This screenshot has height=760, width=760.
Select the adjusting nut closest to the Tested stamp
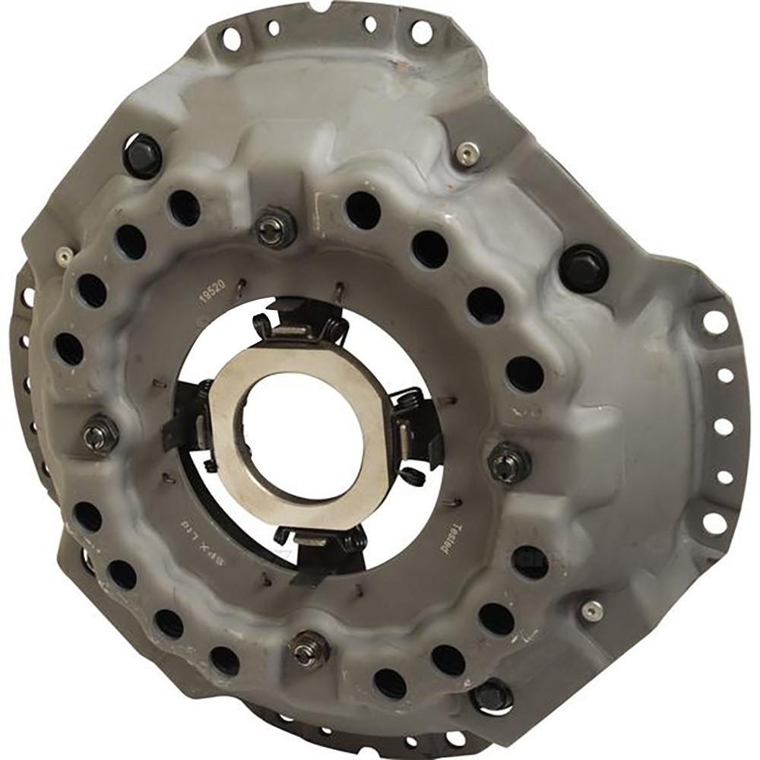508,463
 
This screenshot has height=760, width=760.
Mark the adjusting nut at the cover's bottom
309,650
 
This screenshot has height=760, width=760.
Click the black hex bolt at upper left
143,154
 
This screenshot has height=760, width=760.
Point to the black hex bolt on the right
584,268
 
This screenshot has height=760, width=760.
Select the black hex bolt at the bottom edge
491,695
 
